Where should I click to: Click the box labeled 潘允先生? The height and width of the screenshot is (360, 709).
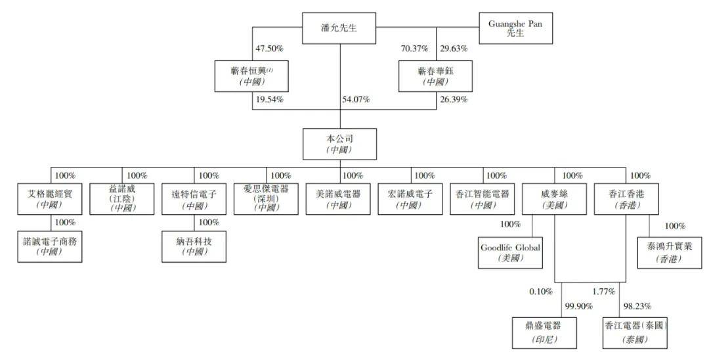point(339,28)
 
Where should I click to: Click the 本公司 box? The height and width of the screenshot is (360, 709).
point(339,143)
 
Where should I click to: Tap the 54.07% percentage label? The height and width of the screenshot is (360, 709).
point(355,100)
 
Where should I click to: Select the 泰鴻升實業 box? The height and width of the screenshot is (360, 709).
point(669,252)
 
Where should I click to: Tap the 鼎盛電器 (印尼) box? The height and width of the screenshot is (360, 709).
point(544,332)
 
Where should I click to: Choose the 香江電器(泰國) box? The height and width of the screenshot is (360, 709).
point(635,332)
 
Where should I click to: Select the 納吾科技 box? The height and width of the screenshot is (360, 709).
point(194,246)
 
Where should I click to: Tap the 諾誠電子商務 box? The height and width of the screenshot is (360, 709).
point(50,246)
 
